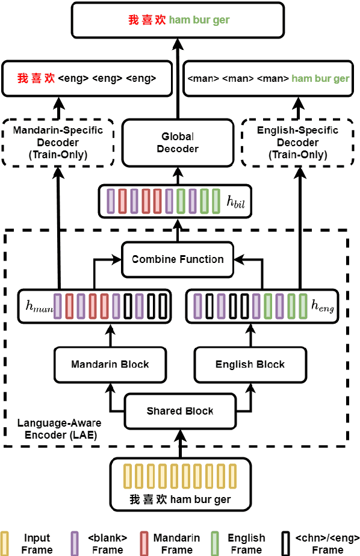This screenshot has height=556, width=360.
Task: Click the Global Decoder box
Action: (x=178, y=143)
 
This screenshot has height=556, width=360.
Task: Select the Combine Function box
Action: (x=178, y=259)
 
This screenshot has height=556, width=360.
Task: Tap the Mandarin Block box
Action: (x=110, y=364)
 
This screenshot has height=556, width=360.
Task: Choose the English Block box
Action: (x=250, y=364)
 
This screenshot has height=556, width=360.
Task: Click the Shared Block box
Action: (x=180, y=411)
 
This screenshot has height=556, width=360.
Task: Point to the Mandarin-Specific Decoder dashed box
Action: (x=58, y=143)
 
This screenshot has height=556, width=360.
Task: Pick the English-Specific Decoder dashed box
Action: (x=297, y=143)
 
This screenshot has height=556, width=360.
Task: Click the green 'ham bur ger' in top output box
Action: (x=199, y=20)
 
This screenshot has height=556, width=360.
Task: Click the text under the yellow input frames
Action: (x=180, y=499)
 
